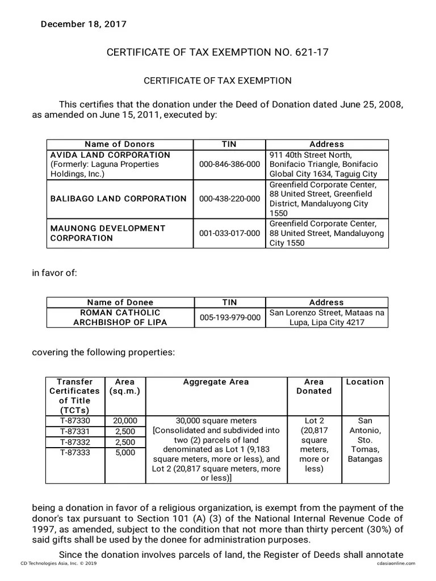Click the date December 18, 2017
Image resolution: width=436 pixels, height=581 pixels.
click(x=83, y=24)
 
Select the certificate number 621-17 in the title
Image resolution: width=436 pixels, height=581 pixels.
click(x=312, y=53)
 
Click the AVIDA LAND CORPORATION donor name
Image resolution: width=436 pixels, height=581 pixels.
click(x=110, y=155)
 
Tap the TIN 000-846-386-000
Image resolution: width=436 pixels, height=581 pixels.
click(x=229, y=165)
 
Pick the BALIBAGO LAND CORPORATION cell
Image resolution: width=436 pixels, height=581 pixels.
click(x=118, y=199)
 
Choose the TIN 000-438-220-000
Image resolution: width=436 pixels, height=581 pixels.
click(x=229, y=199)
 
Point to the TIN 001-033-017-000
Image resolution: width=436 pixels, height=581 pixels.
click(x=229, y=233)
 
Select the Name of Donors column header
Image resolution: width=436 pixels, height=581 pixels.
click(x=119, y=144)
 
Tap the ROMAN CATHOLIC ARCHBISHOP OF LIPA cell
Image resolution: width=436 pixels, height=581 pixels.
click(x=120, y=318)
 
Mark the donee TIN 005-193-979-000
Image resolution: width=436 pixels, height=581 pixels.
click(x=229, y=318)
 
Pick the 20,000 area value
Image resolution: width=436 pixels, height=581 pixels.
click(x=125, y=420)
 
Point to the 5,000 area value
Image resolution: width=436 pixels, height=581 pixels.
click(x=125, y=453)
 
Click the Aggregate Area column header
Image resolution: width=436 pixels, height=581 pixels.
click(x=216, y=382)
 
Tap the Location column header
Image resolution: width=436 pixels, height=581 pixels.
click(x=364, y=382)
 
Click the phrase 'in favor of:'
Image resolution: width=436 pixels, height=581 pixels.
click(x=54, y=273)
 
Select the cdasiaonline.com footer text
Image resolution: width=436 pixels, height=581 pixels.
click(x=395, y=563)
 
